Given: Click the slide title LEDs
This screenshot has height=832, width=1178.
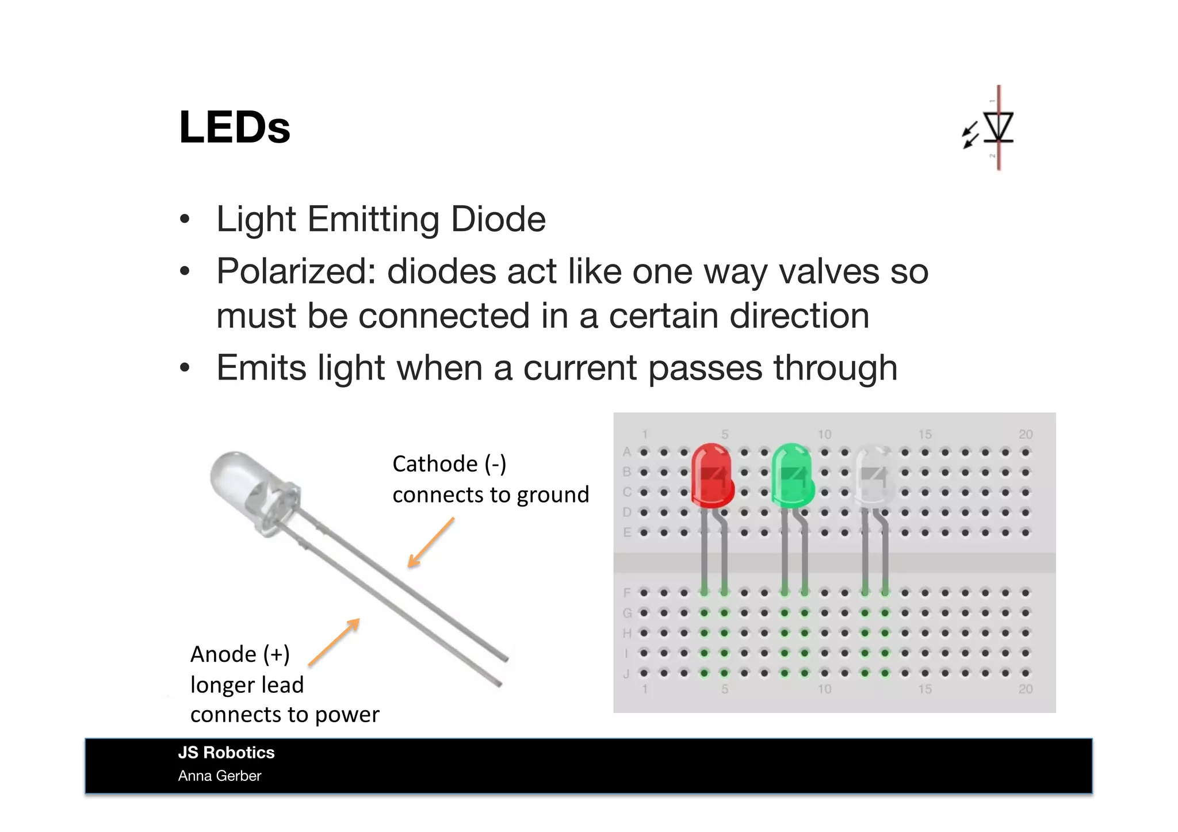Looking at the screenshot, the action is coord(235,127).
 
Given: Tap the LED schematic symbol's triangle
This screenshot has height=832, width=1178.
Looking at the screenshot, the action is coord(998,126).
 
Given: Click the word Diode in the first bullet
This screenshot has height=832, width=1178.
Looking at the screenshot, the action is coord(498,219).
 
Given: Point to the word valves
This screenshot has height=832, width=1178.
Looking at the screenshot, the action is coord(829,271).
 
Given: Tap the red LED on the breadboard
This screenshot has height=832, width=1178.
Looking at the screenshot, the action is coord(712,475).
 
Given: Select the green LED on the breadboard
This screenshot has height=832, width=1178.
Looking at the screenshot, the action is coord(793,475).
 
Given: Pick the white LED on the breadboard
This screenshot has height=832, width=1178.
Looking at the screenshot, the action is coord(873,475).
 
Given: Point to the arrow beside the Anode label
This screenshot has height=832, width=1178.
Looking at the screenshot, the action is coord(334,642).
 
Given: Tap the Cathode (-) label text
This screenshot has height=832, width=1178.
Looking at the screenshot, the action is coord(449,464).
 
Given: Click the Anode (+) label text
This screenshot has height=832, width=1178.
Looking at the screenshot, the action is coord(240,654).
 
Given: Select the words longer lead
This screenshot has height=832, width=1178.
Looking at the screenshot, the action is coord(247,685).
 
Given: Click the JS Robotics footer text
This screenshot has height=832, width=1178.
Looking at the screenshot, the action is coord(226,753).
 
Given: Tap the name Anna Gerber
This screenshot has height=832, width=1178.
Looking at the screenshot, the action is coord(220,776).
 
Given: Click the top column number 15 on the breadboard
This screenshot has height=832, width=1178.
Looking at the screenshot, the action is coord(924,435).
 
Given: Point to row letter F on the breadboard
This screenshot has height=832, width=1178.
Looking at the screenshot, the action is coord(627,593).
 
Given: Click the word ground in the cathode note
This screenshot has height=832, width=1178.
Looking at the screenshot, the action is coord(553,495).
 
